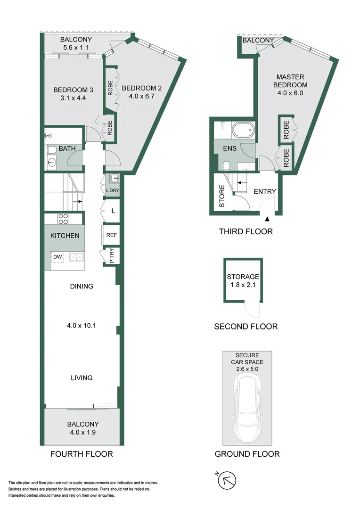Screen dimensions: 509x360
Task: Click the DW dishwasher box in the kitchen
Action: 57,257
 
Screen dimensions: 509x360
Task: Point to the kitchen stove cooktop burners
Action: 63,219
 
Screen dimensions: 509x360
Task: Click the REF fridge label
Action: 112,235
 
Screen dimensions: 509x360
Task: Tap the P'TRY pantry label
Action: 112,256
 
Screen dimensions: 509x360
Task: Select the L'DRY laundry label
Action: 113,190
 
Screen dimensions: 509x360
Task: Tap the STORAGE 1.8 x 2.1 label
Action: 243,281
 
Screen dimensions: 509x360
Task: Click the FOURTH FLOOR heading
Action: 82,454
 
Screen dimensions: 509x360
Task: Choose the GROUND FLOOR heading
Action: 247,454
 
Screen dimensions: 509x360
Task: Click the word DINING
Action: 82,286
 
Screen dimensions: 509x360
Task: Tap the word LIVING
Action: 82,378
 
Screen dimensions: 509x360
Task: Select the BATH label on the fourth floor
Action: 67,149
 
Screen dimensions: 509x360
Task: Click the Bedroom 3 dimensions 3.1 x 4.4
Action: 73,98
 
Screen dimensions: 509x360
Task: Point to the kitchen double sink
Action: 76,257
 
